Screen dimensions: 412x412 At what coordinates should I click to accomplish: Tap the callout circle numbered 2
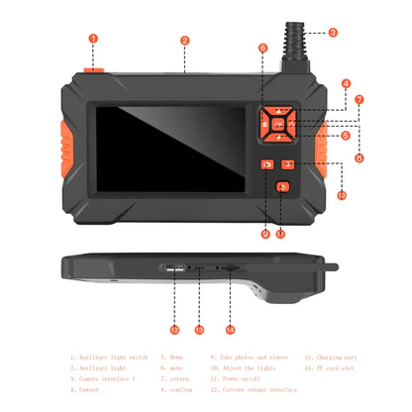point(185,41)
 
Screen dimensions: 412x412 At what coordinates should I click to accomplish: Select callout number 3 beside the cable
point(333,33)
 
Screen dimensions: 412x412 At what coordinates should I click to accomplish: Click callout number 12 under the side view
point(174,329)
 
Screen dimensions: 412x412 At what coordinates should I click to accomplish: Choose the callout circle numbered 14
point(231,329)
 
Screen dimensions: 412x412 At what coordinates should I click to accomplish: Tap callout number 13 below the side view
point(199,329)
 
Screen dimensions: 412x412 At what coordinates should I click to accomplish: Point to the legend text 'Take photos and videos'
point(250,357)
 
